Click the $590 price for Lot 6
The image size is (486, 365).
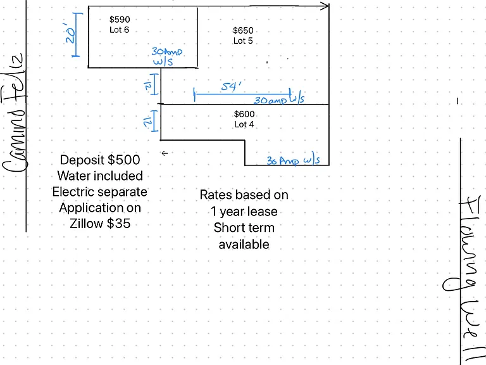coord(120,20)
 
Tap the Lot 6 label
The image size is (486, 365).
coord(120,30)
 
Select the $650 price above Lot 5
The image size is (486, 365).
coord(243,30)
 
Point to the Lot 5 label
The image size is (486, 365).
coord(243,41)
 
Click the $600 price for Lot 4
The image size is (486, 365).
coord(244,114)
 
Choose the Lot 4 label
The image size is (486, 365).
coord(244,124)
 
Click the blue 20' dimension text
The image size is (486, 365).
coord(70,33)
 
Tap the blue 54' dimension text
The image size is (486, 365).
coord(231,86)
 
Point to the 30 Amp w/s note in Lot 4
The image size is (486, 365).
coord(293,160)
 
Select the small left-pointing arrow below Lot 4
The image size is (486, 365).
coord(165,153)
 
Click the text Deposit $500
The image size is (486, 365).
coord(100,160)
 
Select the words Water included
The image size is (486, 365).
coord(100,176)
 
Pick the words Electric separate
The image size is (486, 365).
coord(100,192)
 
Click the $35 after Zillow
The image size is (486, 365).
coord(119,224)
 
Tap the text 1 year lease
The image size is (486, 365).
coord(244,212)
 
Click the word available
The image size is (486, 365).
coord(244,244)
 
